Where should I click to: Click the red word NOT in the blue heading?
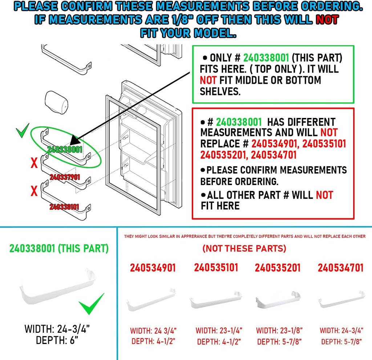(x=327, y=20)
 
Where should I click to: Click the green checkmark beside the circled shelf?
(x=23, y=132)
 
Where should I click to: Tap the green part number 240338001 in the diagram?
(x=65, y=149)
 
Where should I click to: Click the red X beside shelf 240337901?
(x=34, y=163)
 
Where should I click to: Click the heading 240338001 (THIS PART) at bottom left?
(x=59, y=249)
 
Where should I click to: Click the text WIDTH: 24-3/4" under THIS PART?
(x=57, y=329)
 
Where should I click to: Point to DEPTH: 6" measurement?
(x=57, y=340)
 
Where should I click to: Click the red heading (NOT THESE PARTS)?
(x=244, y=249)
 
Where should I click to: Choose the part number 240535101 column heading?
(x=216, y=268)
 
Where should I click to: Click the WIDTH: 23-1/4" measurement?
(x=219, y=331)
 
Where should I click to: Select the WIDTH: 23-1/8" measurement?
(x=279, y=331)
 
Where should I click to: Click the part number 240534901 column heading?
(x=153, y=268)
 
